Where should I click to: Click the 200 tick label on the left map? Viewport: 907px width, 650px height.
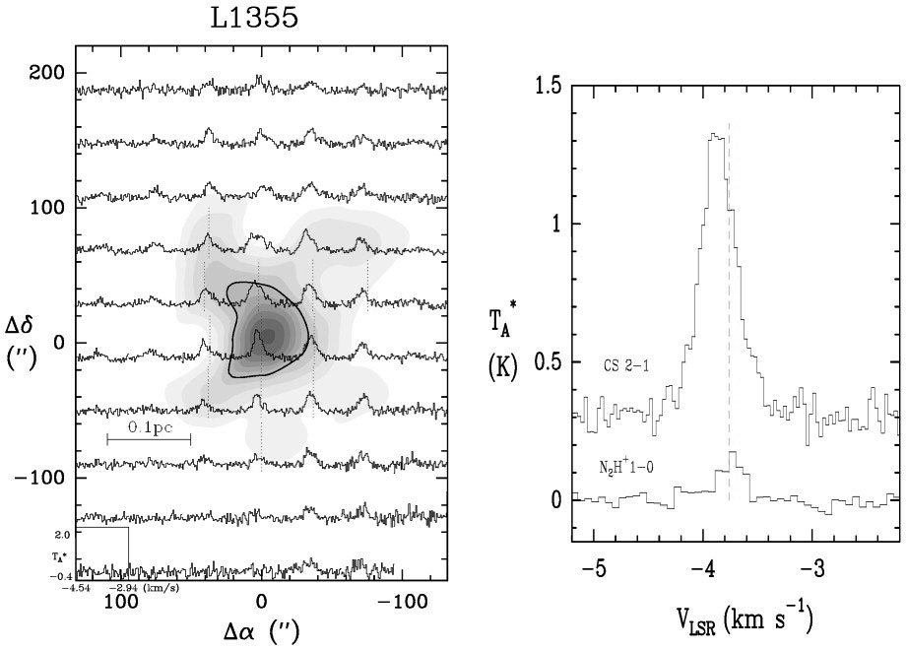tap(45, 73)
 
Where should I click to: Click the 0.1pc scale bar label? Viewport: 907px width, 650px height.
tap(148, 429)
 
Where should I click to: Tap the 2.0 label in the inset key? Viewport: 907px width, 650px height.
tap(62, 535)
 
